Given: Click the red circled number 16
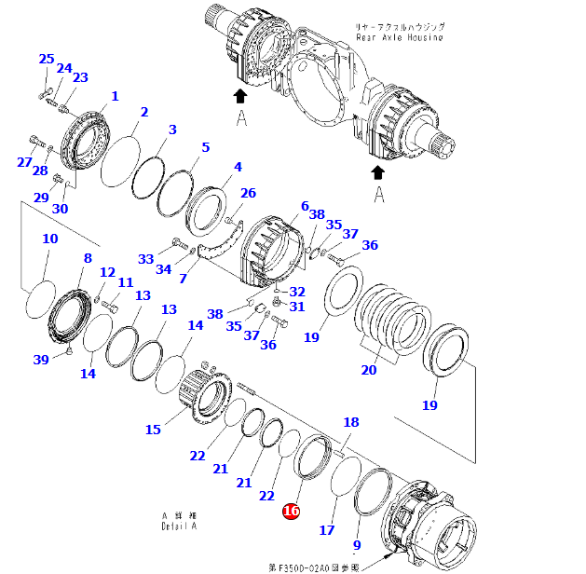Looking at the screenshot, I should click(x=291, y=511).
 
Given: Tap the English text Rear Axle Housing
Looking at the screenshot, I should click(x=400, y=37).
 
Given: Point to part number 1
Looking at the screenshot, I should click(x=115, y=96).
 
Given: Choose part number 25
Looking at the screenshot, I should click(x=46, y=60).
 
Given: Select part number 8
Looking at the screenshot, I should click(x=88, y=258).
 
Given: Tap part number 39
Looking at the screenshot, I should click(x=40, y=361).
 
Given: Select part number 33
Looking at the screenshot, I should click(x=145, y=258).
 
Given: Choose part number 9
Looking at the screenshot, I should click(x=356, y=545).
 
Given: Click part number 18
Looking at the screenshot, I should click(x=350, y=422).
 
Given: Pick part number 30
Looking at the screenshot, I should click(x=60, y=209).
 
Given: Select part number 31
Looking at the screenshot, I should click(x=296, y=307).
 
